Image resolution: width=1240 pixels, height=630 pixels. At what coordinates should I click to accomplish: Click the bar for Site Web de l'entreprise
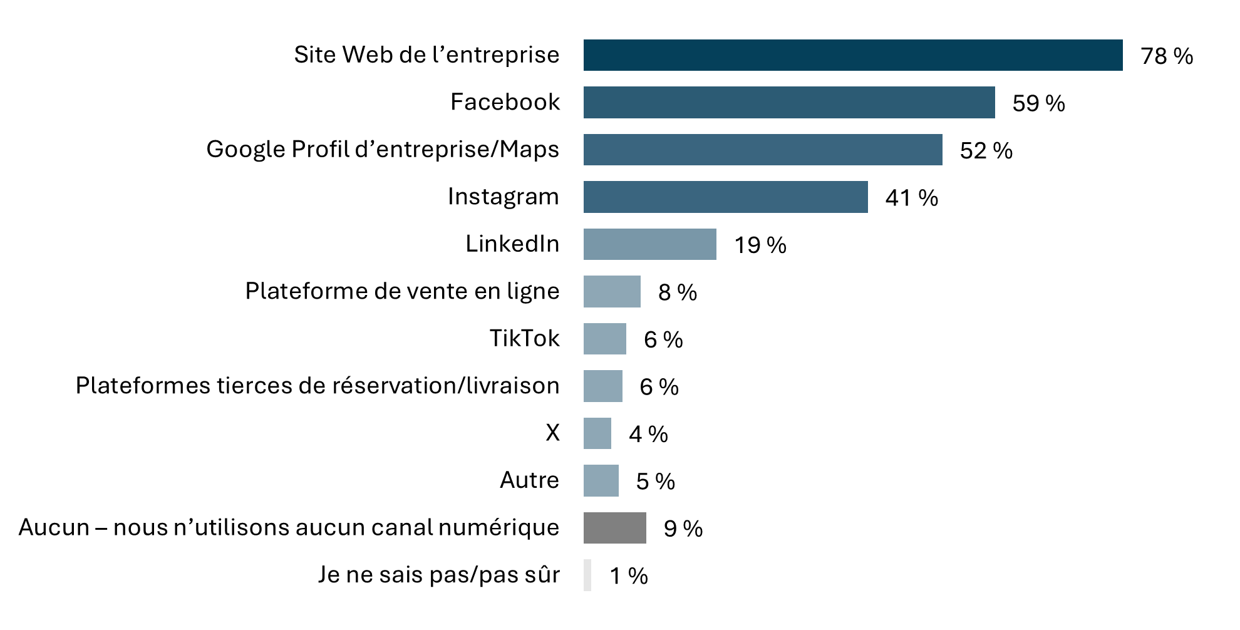click(852, 55)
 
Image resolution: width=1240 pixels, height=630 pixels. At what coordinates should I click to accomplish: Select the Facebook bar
click(788, 103)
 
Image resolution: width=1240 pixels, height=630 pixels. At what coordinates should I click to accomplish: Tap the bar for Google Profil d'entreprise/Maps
click(762, 150)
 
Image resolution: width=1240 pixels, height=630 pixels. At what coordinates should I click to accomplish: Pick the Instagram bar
click(725, 197)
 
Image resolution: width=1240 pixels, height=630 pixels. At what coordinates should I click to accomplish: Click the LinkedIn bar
click(649, 244)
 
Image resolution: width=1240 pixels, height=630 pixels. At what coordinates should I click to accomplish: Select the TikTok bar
click(604, 339)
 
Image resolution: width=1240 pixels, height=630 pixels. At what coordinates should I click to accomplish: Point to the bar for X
click(597, 433)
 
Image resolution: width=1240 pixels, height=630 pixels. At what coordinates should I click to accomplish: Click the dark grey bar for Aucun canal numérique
click(614, 528)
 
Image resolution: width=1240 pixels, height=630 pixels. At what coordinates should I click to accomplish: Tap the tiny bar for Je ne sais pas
click(587, 575)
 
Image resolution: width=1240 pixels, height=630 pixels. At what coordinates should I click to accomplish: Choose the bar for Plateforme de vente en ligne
click(612, 292)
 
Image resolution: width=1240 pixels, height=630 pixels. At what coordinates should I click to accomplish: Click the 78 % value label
click(1166, 56)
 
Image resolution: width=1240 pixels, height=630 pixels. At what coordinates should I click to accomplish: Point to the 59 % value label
click(1038, 103)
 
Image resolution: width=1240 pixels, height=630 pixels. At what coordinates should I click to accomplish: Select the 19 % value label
click(760, 245)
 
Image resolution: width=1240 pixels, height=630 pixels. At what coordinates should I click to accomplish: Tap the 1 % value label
click(629, 576)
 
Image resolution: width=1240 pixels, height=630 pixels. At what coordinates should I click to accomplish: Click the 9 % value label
click(683, 529)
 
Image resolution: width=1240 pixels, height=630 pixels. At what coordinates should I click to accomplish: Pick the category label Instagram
click(503, 197)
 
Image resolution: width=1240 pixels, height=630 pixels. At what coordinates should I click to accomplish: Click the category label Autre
click(529, 480)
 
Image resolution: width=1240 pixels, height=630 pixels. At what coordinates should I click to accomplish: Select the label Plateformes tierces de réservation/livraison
click(318, 386)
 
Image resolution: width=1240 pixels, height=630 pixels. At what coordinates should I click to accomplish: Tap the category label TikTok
click(524, 339)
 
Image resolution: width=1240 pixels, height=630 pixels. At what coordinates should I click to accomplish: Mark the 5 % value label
click(655, 482)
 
